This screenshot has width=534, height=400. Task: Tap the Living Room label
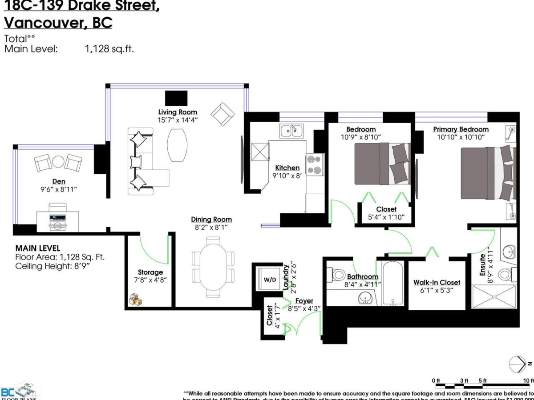[178, 112]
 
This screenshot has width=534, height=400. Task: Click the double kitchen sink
[291, 130]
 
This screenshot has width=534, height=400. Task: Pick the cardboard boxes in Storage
[136, 300]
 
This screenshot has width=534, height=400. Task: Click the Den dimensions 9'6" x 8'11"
[59, 189]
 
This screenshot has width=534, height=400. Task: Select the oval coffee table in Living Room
[177, 145]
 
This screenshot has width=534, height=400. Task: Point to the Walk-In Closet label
[437, 283]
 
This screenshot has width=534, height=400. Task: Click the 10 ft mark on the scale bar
[528, 380]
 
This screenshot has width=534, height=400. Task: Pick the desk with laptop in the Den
[58, 219]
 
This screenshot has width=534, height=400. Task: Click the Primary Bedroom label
[461, 129]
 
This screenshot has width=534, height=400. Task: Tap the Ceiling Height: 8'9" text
[53, 266]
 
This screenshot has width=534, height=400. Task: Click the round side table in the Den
[58, 162]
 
